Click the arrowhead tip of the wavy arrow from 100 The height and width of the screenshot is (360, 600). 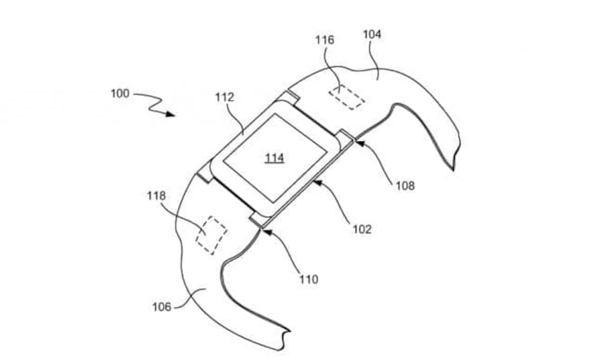pos(175,116)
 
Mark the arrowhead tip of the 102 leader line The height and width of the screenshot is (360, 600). pos(313,181)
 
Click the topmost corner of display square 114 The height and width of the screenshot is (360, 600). pos(274,114)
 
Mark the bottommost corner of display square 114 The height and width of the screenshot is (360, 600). pos(273,202)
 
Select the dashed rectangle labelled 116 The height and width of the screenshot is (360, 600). pos(347,97)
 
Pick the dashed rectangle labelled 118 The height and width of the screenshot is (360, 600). pos(211,235)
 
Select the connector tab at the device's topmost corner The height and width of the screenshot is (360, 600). pos(288,97)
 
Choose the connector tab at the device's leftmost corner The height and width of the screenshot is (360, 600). pos(206,172)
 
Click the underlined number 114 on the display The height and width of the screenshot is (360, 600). pos(275,158)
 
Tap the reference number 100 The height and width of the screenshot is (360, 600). pos(120,94)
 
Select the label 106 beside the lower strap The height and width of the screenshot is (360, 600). pos(162,307)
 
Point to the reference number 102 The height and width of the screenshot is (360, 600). pos(362,230)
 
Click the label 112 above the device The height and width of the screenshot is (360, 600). pos(225,97)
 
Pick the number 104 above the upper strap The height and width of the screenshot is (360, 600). pos(372,34)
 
